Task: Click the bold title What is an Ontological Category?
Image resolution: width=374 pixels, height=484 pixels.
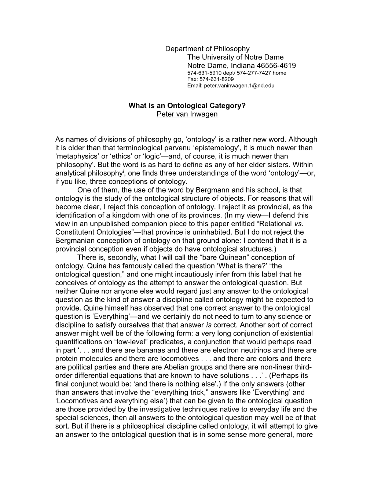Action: point(187,106)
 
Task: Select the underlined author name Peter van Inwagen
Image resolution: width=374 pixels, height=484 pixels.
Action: point(187,114)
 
